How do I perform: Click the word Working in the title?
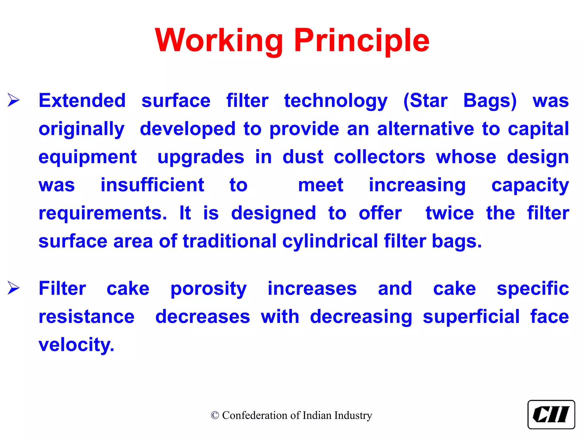(x=219, y=41)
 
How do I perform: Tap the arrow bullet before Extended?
(x=13, y=100)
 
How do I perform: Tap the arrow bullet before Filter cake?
(x=13, y=288)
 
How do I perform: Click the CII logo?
(x=551, y=414)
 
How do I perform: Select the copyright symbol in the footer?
(x=215, y=415)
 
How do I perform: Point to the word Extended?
(x=82, y=101)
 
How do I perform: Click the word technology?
(x=336, y=101)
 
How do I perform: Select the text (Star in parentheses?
(x=425, y=101)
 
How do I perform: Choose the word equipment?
(x=87, y=157)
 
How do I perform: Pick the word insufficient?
(x=152, y=185)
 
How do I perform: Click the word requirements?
(x=103, y=213)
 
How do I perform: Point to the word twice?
(x=450, y=213)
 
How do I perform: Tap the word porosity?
(x=209, y=289)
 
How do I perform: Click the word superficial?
(x=471, y=317)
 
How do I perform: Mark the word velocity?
(x=76, y=345)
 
